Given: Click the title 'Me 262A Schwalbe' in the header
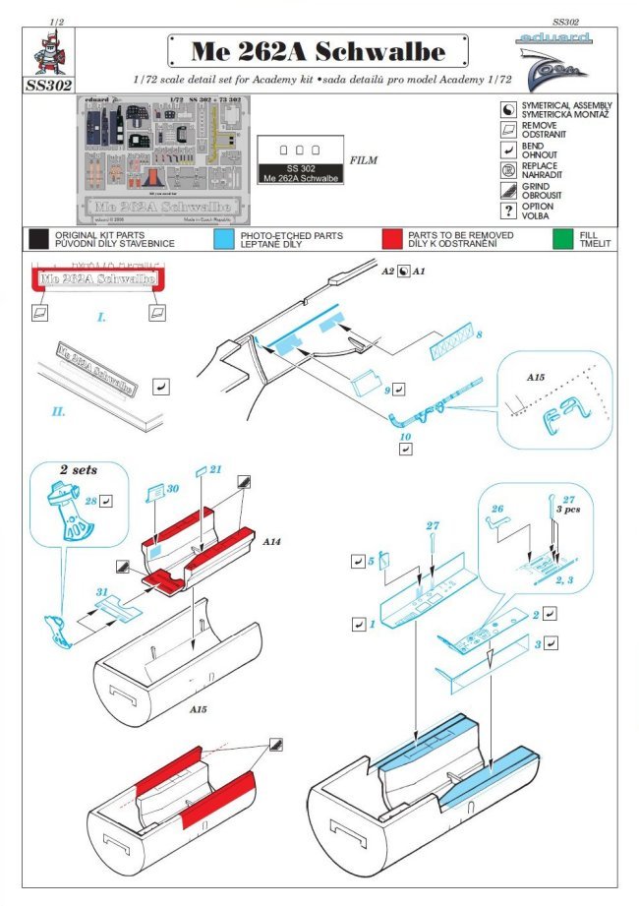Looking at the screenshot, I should (318, 52).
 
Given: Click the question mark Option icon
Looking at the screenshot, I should (509, 210).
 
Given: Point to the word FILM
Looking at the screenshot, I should (363, 158).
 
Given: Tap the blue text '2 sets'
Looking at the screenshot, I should (79, 470).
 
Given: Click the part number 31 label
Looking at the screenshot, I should (101, 592).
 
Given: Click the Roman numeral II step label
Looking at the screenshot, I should (59, 410).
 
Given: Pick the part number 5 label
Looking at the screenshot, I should (372, 562).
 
